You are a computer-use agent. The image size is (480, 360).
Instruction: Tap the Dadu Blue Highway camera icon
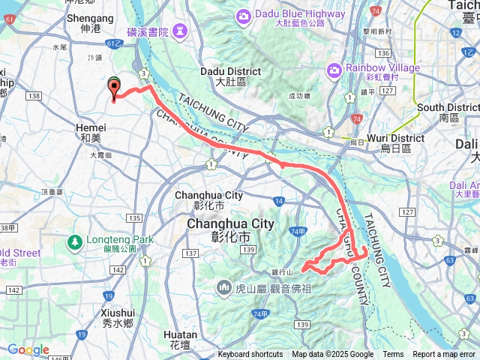[243, 16]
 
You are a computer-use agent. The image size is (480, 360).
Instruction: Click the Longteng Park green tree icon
[74, 241]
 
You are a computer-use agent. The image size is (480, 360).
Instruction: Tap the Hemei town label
[91, 128]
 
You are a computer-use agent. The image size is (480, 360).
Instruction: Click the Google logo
[28, 349]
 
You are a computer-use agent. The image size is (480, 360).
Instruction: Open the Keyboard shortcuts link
[250, 355]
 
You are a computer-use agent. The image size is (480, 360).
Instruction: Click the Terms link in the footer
[393, 355]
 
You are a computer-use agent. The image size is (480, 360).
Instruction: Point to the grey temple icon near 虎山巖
[224, 287]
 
